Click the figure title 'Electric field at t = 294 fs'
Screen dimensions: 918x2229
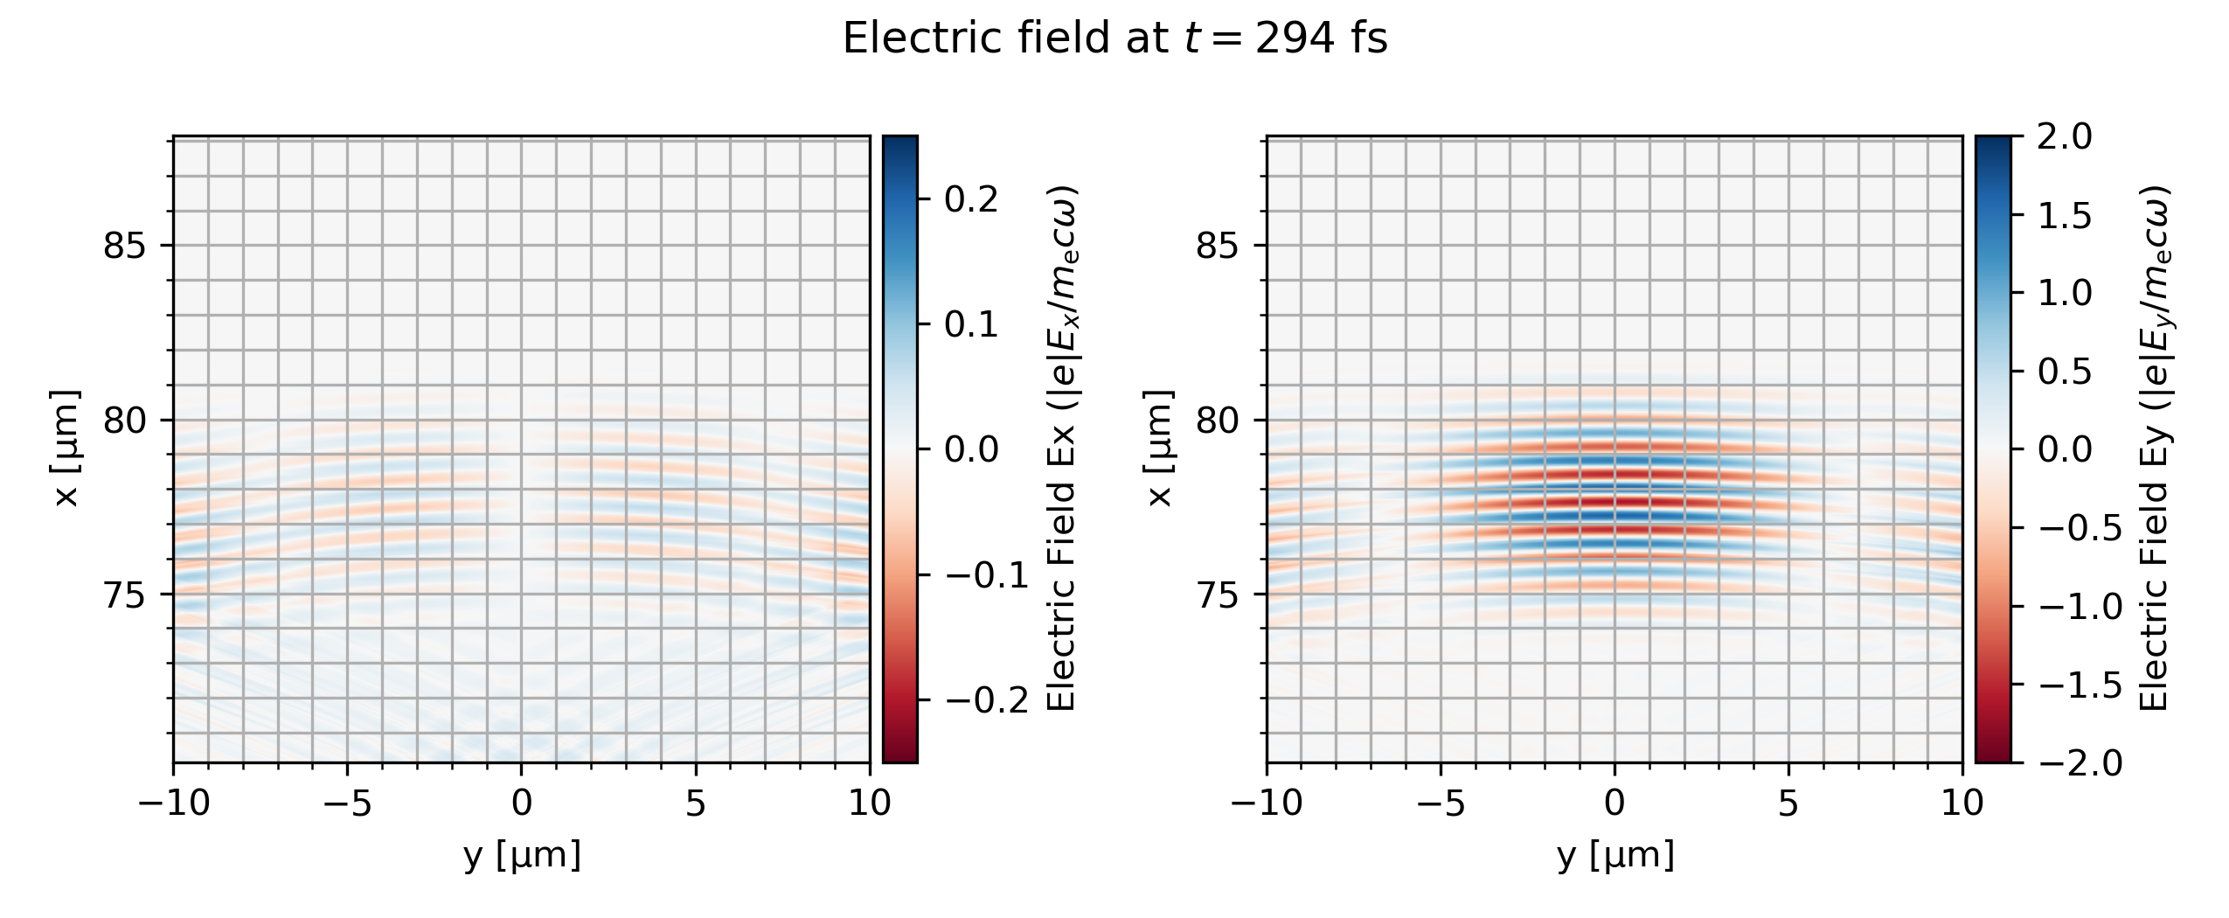click(x=1114, y=38)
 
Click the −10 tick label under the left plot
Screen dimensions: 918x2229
click(x=174, y=803)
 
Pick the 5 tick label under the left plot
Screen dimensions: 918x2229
click(x=695, y=803)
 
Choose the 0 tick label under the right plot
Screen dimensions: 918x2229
click(x=1614, y=803)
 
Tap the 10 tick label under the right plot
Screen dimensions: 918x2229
click(x=1962, y=803)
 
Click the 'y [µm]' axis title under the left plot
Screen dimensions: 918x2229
click(x=522, y=855)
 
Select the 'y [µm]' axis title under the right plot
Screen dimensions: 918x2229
click(x=1614, y=855)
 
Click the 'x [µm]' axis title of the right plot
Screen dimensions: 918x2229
click(x=1159, y=449)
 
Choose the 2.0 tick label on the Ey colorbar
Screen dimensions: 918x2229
click(x=2065, y=137)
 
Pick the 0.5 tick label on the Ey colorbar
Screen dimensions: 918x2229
click(x=2065, y=372)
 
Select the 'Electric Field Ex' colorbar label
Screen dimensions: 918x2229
click(x=1061, y=449)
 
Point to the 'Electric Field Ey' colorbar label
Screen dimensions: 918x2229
click(x=2156, y=449)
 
